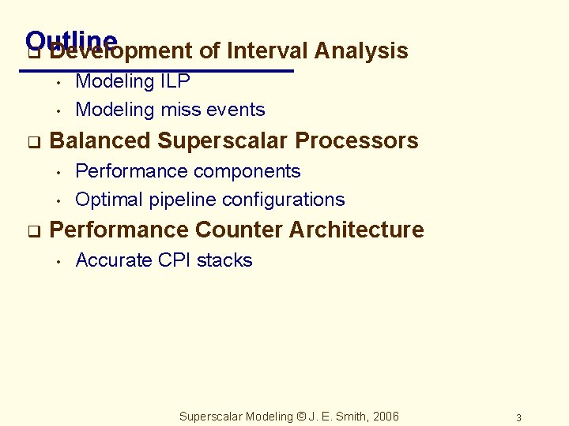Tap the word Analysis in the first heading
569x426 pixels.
361,51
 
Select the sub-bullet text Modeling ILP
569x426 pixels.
132,81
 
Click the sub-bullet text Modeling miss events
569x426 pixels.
170,110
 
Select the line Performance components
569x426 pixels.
187,171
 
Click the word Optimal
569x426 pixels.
104,200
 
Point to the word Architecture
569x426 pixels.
356,230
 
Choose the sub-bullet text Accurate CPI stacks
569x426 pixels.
164,260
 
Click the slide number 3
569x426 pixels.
518,417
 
